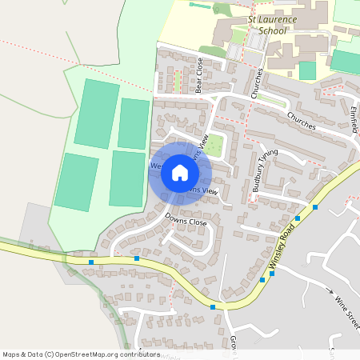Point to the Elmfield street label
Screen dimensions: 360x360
point(354,120)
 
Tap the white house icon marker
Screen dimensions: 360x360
point(180,172)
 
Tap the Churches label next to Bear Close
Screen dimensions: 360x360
point(257,82)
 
